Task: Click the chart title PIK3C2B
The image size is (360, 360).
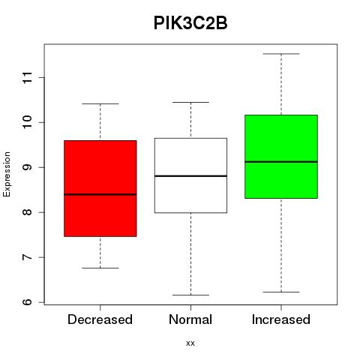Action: pos(190,23)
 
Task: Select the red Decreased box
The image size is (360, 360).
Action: pos(100,188)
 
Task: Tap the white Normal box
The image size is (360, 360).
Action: pos(190,175)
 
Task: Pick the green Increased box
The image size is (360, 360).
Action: pos(281,157)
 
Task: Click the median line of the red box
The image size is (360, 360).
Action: pos(100,194)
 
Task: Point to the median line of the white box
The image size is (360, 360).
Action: pos(190,176)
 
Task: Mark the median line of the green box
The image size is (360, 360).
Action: pos(281,162)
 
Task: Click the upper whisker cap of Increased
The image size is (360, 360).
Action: pos(281,54)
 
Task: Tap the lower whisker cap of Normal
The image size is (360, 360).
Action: pos(190,295)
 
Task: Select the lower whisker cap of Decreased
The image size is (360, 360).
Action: pos(100,268)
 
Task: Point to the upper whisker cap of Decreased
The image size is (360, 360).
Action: pos(100,103)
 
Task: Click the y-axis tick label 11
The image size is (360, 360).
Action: pos(28,77)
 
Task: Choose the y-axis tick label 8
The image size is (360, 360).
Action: pos(28,212)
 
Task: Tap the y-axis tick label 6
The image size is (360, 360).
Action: pos(28,302)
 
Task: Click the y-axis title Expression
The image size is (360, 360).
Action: pos(7,174)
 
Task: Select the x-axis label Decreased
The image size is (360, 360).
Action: pos(100,319)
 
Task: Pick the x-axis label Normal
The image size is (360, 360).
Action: pos(190,319)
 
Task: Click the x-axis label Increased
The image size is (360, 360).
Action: pos(281,319)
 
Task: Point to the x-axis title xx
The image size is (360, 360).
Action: pos(190,343)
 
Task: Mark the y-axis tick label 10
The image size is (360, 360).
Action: pos(28,122)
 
